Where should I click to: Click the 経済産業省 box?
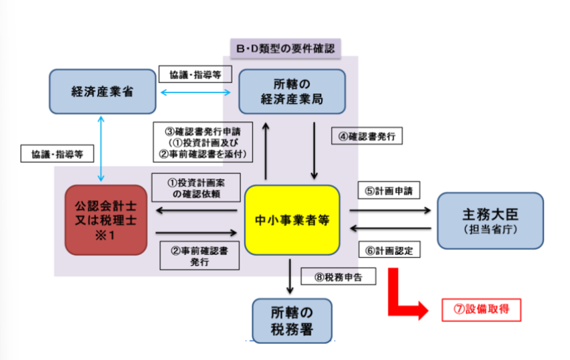102,92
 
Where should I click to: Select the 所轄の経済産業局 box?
292,92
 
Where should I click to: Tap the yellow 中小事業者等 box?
292,220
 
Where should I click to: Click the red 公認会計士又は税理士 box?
106,220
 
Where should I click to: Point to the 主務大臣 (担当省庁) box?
490,221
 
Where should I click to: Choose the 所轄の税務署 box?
292,321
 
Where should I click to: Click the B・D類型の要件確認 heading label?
286,48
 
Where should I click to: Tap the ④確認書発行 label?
367,136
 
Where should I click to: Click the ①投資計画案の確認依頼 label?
196,187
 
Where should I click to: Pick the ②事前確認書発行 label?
199,256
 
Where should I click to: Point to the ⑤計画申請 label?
389,190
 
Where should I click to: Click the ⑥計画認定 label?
389,250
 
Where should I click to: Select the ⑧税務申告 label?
339,277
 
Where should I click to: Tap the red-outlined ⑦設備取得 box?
481,310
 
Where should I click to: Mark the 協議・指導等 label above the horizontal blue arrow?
195,74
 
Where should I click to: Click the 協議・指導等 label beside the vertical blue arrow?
57,154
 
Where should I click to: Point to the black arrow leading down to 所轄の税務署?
290,276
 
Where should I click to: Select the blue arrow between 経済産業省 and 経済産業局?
195,92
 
